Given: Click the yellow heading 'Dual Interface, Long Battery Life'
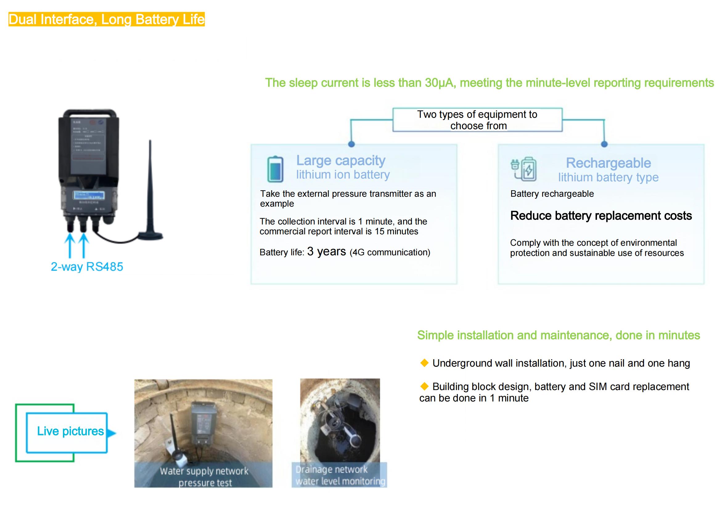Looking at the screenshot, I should (106, 19).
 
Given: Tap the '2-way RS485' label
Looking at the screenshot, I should (87, 267).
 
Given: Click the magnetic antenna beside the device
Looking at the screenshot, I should (150, 195).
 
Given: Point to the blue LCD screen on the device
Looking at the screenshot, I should (89, 195).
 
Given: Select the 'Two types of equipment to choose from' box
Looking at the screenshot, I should (477, 120).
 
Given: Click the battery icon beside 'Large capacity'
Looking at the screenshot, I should (275, 169).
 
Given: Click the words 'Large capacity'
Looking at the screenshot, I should (341, 160).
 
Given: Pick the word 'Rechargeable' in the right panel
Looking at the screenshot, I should (608, 163).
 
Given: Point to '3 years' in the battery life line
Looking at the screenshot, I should (326, 252).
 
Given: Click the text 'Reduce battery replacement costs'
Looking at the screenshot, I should (601, 216).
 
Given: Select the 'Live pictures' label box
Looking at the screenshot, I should (70, 431).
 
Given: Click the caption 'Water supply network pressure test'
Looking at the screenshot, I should (204, 477).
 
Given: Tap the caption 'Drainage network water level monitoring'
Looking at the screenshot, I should (340, 475).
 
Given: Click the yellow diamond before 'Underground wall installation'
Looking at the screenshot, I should (424, 363).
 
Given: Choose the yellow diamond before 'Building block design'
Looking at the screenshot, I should (424, 386).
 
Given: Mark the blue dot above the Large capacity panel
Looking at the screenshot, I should (351, 144).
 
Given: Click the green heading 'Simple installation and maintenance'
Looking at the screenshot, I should (558, 335).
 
